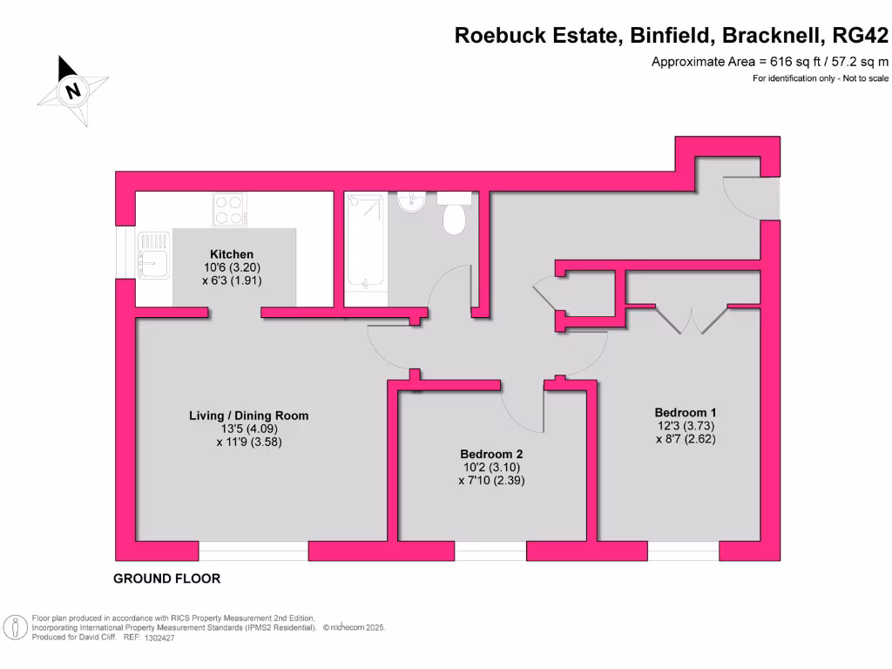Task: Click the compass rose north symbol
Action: click(73, 90)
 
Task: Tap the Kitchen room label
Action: click(232, 254)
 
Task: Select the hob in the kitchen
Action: click(229, 210)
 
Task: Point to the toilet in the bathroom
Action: click(454, 214)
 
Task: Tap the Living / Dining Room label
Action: click(249, 416)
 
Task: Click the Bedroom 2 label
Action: click(491, 454)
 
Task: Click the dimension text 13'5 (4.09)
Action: click(249, 429)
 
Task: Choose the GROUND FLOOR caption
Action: click(167, 578)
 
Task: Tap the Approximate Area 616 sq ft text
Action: click(771, 62)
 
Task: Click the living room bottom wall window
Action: click(253, 551)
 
